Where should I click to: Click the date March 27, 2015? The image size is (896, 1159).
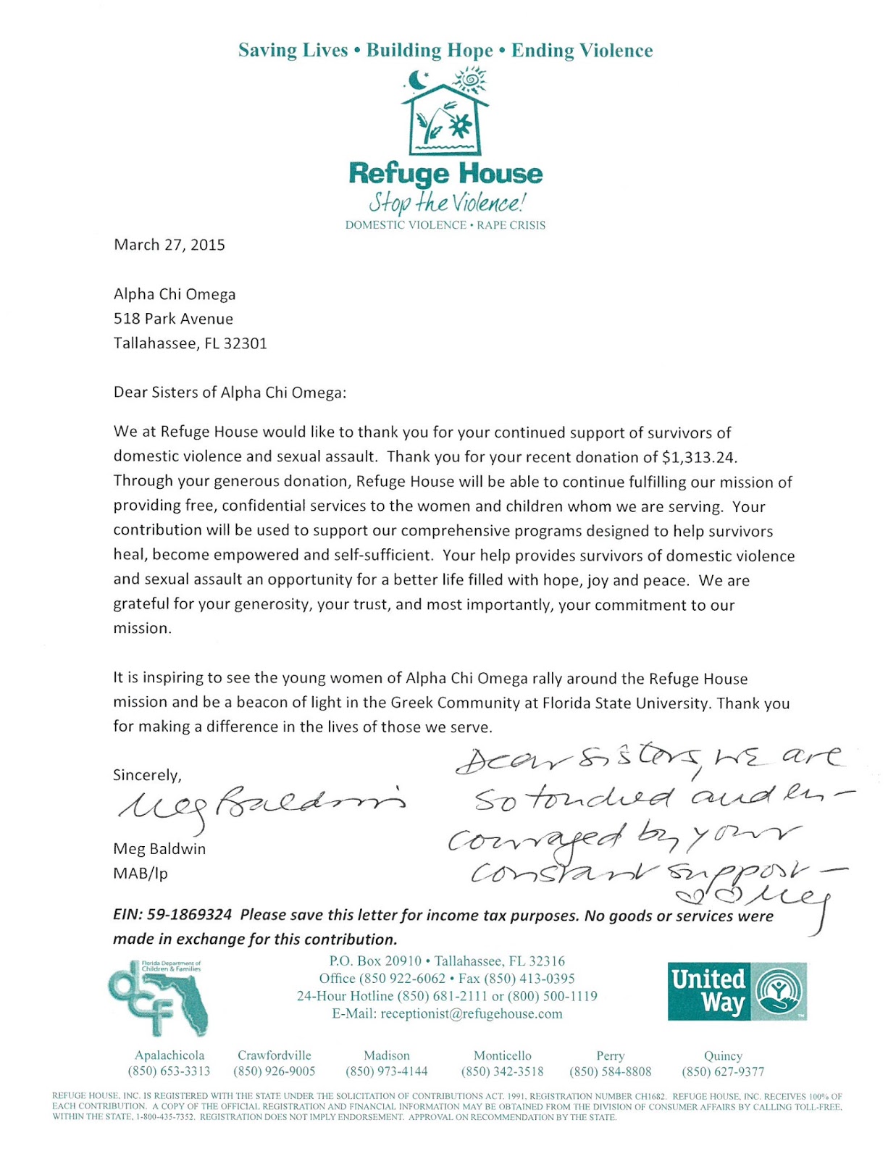[x=169, y=245]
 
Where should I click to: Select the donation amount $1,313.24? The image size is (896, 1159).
[x=699, y=457]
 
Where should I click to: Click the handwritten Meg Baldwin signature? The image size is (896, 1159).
[x=261, y=803]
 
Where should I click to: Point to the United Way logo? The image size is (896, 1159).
[x=737, y=991]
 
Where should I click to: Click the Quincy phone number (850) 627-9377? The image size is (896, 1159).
[x=722, y=1071]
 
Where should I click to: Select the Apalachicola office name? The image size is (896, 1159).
[x=169, y=1055]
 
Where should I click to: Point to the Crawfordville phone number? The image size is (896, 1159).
[x=274, y=1071]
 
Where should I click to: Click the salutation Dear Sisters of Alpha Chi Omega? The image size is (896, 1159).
[x=230, y=393]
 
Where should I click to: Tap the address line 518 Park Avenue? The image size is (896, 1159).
[x=173, y=319]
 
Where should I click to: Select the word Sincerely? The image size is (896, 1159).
[x=147, y=775]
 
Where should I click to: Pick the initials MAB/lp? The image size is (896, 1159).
[x=141, y=873]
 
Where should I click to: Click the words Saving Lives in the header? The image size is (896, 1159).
[x=293, y=51]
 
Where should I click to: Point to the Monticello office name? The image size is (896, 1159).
[x=502, y=1055]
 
